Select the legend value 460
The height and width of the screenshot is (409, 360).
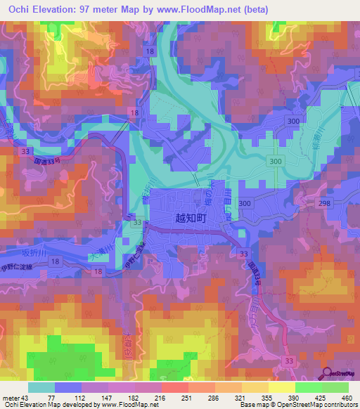346,398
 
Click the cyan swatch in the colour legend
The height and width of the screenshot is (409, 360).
41,387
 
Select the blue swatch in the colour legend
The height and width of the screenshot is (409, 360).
68,387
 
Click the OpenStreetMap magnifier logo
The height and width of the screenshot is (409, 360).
326,375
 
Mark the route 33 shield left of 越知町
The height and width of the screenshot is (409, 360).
138,223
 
